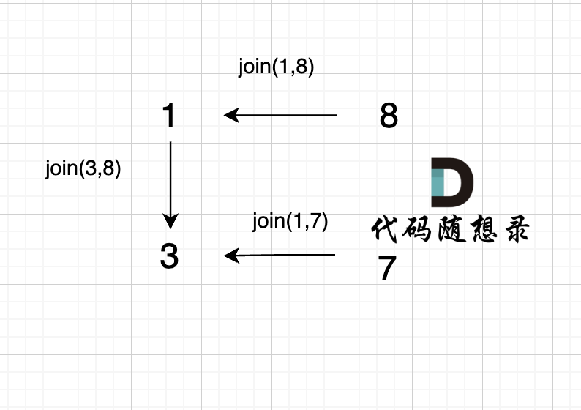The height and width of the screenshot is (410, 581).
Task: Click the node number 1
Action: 169,115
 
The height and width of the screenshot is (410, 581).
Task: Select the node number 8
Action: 389,115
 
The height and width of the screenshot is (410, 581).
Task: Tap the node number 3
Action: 169,256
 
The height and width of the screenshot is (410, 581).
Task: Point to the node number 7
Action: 387,269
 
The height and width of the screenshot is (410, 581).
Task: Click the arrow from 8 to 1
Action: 280,115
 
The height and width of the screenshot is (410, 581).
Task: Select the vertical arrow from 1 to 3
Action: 170,185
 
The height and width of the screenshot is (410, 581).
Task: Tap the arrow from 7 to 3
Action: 280,256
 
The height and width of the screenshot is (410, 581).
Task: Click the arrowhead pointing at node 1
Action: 231,115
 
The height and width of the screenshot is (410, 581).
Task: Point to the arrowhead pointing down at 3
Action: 170,221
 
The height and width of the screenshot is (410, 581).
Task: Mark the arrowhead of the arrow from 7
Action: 231,256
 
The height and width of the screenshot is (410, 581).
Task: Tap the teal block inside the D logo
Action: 438,183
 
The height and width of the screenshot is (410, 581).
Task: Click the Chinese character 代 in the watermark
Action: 384,229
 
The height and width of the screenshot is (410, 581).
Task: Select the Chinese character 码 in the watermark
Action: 416,229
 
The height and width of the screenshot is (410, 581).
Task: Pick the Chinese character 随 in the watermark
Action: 451,229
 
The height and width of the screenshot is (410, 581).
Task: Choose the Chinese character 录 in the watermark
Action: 517,229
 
